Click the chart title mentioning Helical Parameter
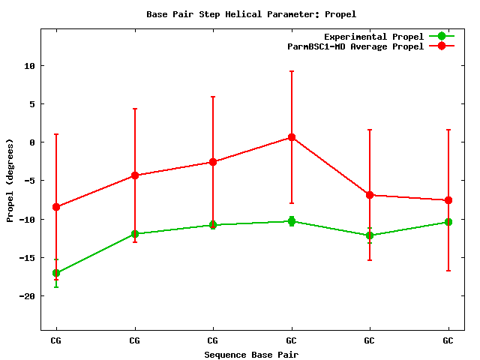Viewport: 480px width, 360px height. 251,14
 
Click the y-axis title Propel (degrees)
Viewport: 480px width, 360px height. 10,180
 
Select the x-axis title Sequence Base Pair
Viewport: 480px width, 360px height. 251,354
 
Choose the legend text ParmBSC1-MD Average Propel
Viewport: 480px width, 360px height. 355,46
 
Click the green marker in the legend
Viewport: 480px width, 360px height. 442,36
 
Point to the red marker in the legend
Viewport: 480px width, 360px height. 442,46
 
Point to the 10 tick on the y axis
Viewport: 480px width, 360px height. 29,66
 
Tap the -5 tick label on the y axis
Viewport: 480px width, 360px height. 29,181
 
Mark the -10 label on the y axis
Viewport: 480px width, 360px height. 27,220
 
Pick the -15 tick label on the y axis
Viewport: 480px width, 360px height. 27,258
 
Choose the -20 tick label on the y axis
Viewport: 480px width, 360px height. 27,296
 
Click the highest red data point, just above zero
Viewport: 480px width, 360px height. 292,137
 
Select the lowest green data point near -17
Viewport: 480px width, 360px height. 56,273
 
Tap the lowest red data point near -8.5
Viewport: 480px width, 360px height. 56,207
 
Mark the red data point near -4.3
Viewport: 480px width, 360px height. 135,175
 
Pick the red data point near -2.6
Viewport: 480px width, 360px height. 213,162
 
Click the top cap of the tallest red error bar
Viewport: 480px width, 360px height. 292,71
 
